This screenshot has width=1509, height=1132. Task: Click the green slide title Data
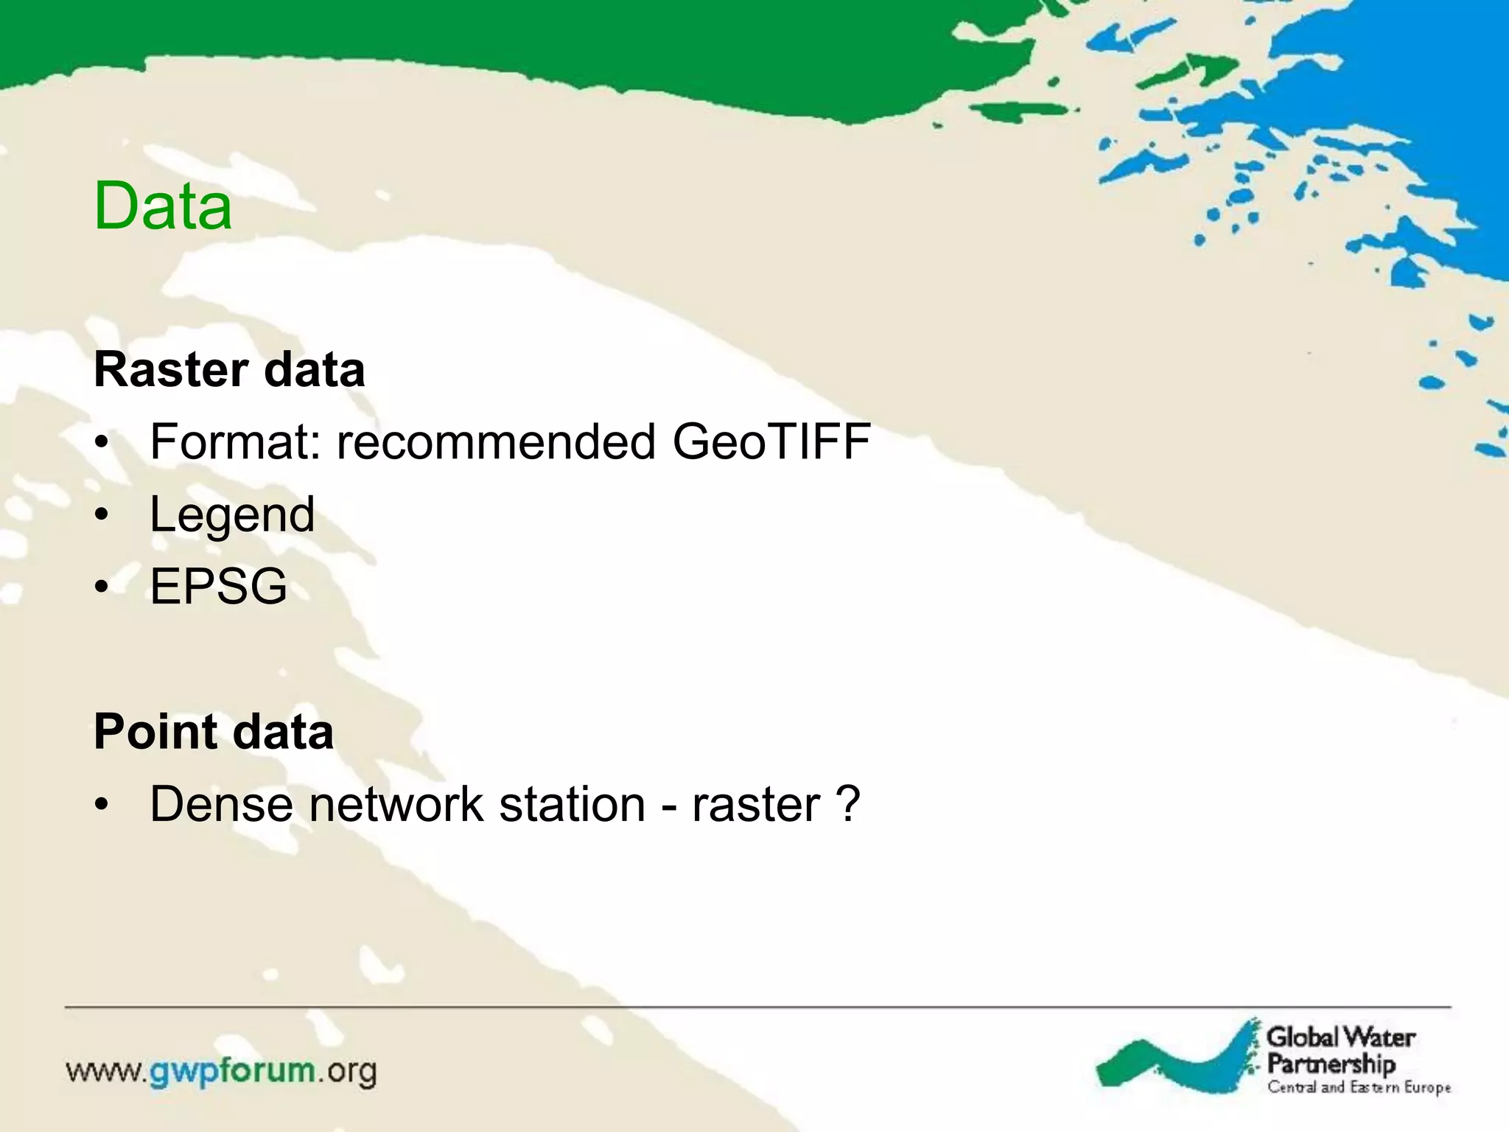[x=163, y=206]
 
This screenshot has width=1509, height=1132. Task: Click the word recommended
[x=496, y=441]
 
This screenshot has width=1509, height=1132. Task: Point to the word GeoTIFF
[x=771, y=441]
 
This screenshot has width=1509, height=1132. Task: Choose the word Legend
[x=232, y=514]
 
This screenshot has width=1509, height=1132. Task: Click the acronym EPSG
[x=218, y=587]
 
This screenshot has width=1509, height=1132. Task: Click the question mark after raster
[x=848, y=803]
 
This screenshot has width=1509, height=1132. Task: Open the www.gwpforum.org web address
[x=221, y=1072]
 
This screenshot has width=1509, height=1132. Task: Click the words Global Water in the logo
[x=1340, y=1038]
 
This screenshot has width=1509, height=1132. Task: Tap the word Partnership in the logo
[x=1331, y=1064]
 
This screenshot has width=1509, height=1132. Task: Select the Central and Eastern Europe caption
[x=1359, y=1088]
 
